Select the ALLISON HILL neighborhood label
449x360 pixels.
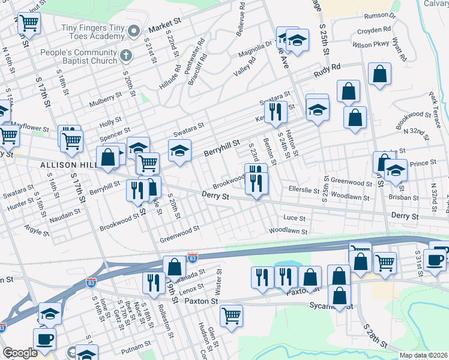(x=67, y=164)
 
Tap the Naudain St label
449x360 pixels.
(x=65, y=213)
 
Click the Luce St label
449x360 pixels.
(x=295, y=218)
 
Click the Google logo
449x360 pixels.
(x=19, y=353)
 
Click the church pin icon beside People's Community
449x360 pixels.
(x=125, y=56)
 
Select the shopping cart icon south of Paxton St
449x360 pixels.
(x=231, y=314)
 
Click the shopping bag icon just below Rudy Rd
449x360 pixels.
(x=380, y=74)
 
